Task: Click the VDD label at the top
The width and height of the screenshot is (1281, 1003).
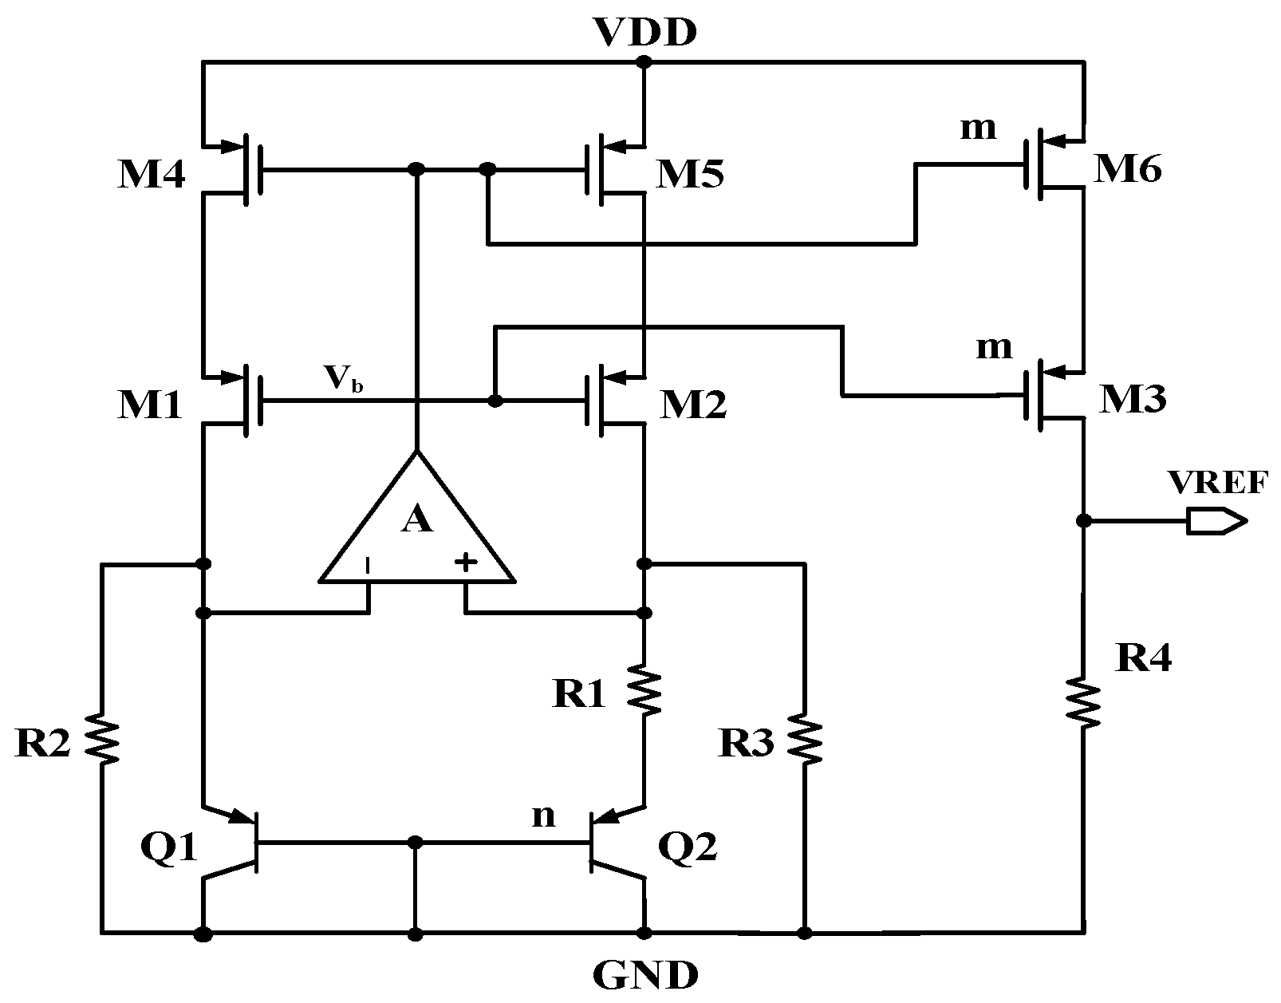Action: [645, 33]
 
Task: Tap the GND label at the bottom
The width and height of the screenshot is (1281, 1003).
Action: [646, 974]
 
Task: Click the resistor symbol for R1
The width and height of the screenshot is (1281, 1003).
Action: [644, 692]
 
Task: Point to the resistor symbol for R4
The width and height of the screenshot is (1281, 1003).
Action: [1084, 702]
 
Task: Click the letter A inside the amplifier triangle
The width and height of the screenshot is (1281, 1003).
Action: [417, 520]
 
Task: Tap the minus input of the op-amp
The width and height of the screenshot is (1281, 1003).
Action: [368, 566]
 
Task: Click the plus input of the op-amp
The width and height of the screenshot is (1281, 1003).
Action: [466, 563]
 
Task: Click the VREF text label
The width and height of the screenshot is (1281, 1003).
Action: [1216, 484]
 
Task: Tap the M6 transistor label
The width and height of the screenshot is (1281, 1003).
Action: [1127, 170]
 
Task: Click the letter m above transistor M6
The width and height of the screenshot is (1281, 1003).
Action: [978, 128]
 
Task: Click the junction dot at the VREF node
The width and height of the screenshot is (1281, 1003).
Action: [1083, 521]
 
